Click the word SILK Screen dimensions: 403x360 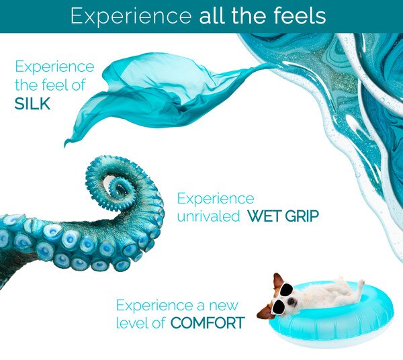[x=32, y=104]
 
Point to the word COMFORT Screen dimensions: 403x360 [x=208, y=323]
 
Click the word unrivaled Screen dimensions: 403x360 [x=208, y=216]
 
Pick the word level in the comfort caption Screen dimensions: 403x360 [x=132, y=323]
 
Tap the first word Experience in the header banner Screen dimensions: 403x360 [x=131, y=16]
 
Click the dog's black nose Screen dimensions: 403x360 [x=291, y=302]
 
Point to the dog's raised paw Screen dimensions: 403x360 [x=361, y=283]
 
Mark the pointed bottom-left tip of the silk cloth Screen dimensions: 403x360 [x=65, y=146]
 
